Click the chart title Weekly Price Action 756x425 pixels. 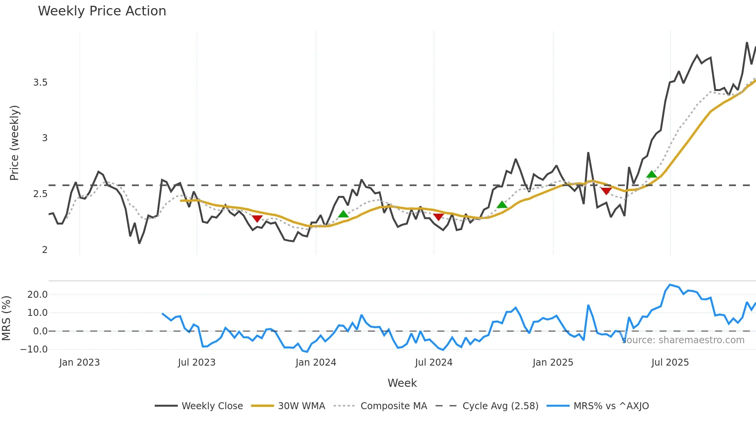coord(102,11)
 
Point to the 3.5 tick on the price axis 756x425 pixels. coord(40,83)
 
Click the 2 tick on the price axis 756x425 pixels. coord(45,250)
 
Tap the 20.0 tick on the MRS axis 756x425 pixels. coord(37,295)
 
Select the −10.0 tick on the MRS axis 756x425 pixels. coord(34,349)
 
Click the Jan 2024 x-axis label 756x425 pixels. coord(316,363)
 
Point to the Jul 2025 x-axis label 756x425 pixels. coord(670,363)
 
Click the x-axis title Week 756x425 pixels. coord(402,383)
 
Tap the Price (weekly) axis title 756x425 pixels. coord(14,143)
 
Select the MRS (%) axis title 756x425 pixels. coord(6,318)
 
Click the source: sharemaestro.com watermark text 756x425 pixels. coord(683,340)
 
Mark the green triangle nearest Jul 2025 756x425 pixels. coord(651,174)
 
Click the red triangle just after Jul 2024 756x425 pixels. coord(438,217)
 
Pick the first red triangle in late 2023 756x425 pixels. coord(257,219)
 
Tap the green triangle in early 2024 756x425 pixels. coord(343,214)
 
